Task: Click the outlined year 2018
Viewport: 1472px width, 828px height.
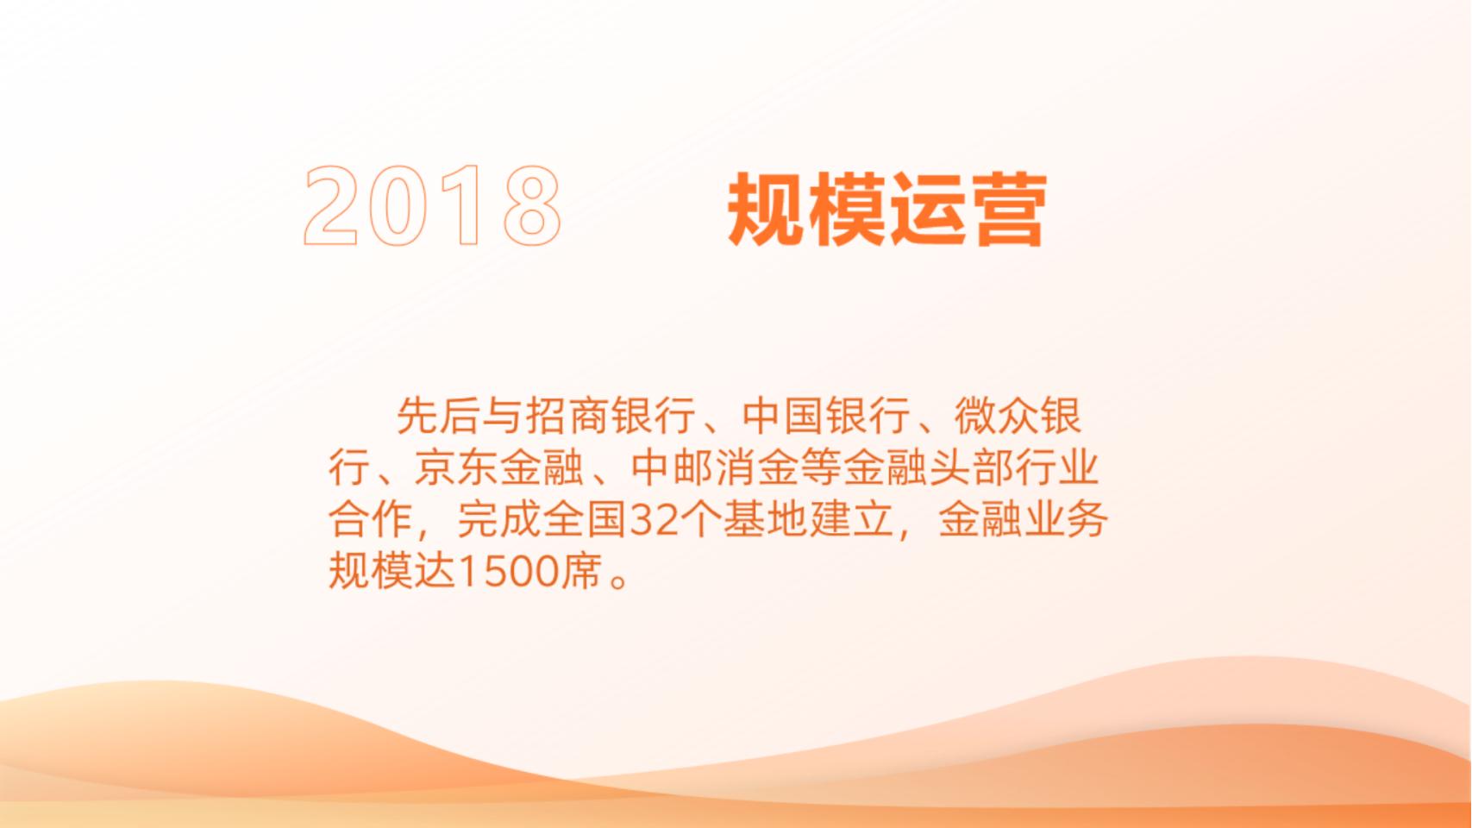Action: (432, 205)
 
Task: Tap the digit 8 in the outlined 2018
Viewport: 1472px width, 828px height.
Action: (532, 205)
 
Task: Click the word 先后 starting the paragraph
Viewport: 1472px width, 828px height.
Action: (438, 416)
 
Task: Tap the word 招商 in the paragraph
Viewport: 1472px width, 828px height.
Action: (567, 416)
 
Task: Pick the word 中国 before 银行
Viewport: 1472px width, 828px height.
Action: (783, 416)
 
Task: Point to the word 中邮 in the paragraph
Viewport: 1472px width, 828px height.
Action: (672, 467)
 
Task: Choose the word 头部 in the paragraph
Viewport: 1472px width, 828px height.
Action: (972, 467)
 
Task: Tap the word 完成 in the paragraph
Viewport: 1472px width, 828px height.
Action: (498, 520)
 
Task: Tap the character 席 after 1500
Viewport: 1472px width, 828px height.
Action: (581, 572)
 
